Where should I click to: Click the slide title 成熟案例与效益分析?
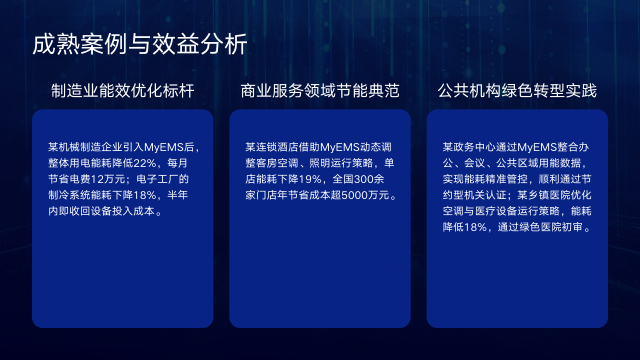click(x=139, y=45)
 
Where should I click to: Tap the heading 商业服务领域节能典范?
click(x=320, y=92)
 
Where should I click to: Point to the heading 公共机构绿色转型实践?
click(x=517, y=92)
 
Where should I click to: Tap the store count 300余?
click(x=372, y=179)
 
